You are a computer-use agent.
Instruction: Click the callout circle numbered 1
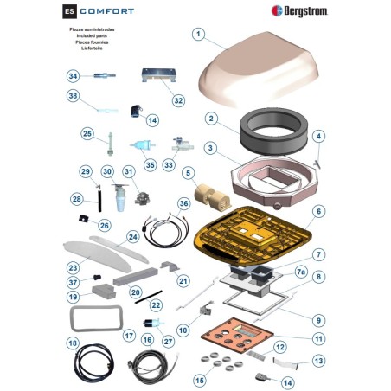198,35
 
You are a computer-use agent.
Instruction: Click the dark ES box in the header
69,12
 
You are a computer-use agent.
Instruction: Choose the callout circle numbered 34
73,76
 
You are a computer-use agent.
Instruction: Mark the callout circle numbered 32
178,100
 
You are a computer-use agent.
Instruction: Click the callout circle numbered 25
87,134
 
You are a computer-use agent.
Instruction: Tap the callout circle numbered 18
73,343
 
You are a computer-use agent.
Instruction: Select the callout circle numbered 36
183,203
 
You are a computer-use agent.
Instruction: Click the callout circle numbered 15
201,379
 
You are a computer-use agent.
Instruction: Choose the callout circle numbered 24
132,236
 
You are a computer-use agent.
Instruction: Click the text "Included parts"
91,36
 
